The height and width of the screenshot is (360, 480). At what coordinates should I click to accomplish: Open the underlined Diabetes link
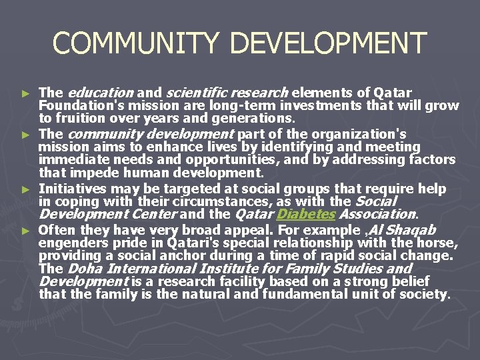(306, 215)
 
